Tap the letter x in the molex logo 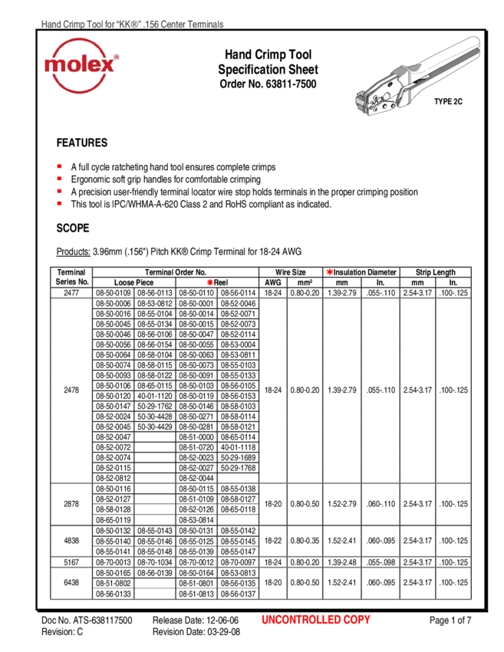[107, 65]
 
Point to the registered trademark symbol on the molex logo [116, 57]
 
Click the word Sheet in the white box [303, 70]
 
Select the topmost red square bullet [59, 166]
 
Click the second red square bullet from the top [59, 178]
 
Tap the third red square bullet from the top [59, 190]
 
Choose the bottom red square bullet [59, 203]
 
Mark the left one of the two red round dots [210, 282]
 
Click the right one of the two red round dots [330, 272]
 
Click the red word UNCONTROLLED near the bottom [301, 620]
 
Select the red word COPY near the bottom [357, 620]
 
